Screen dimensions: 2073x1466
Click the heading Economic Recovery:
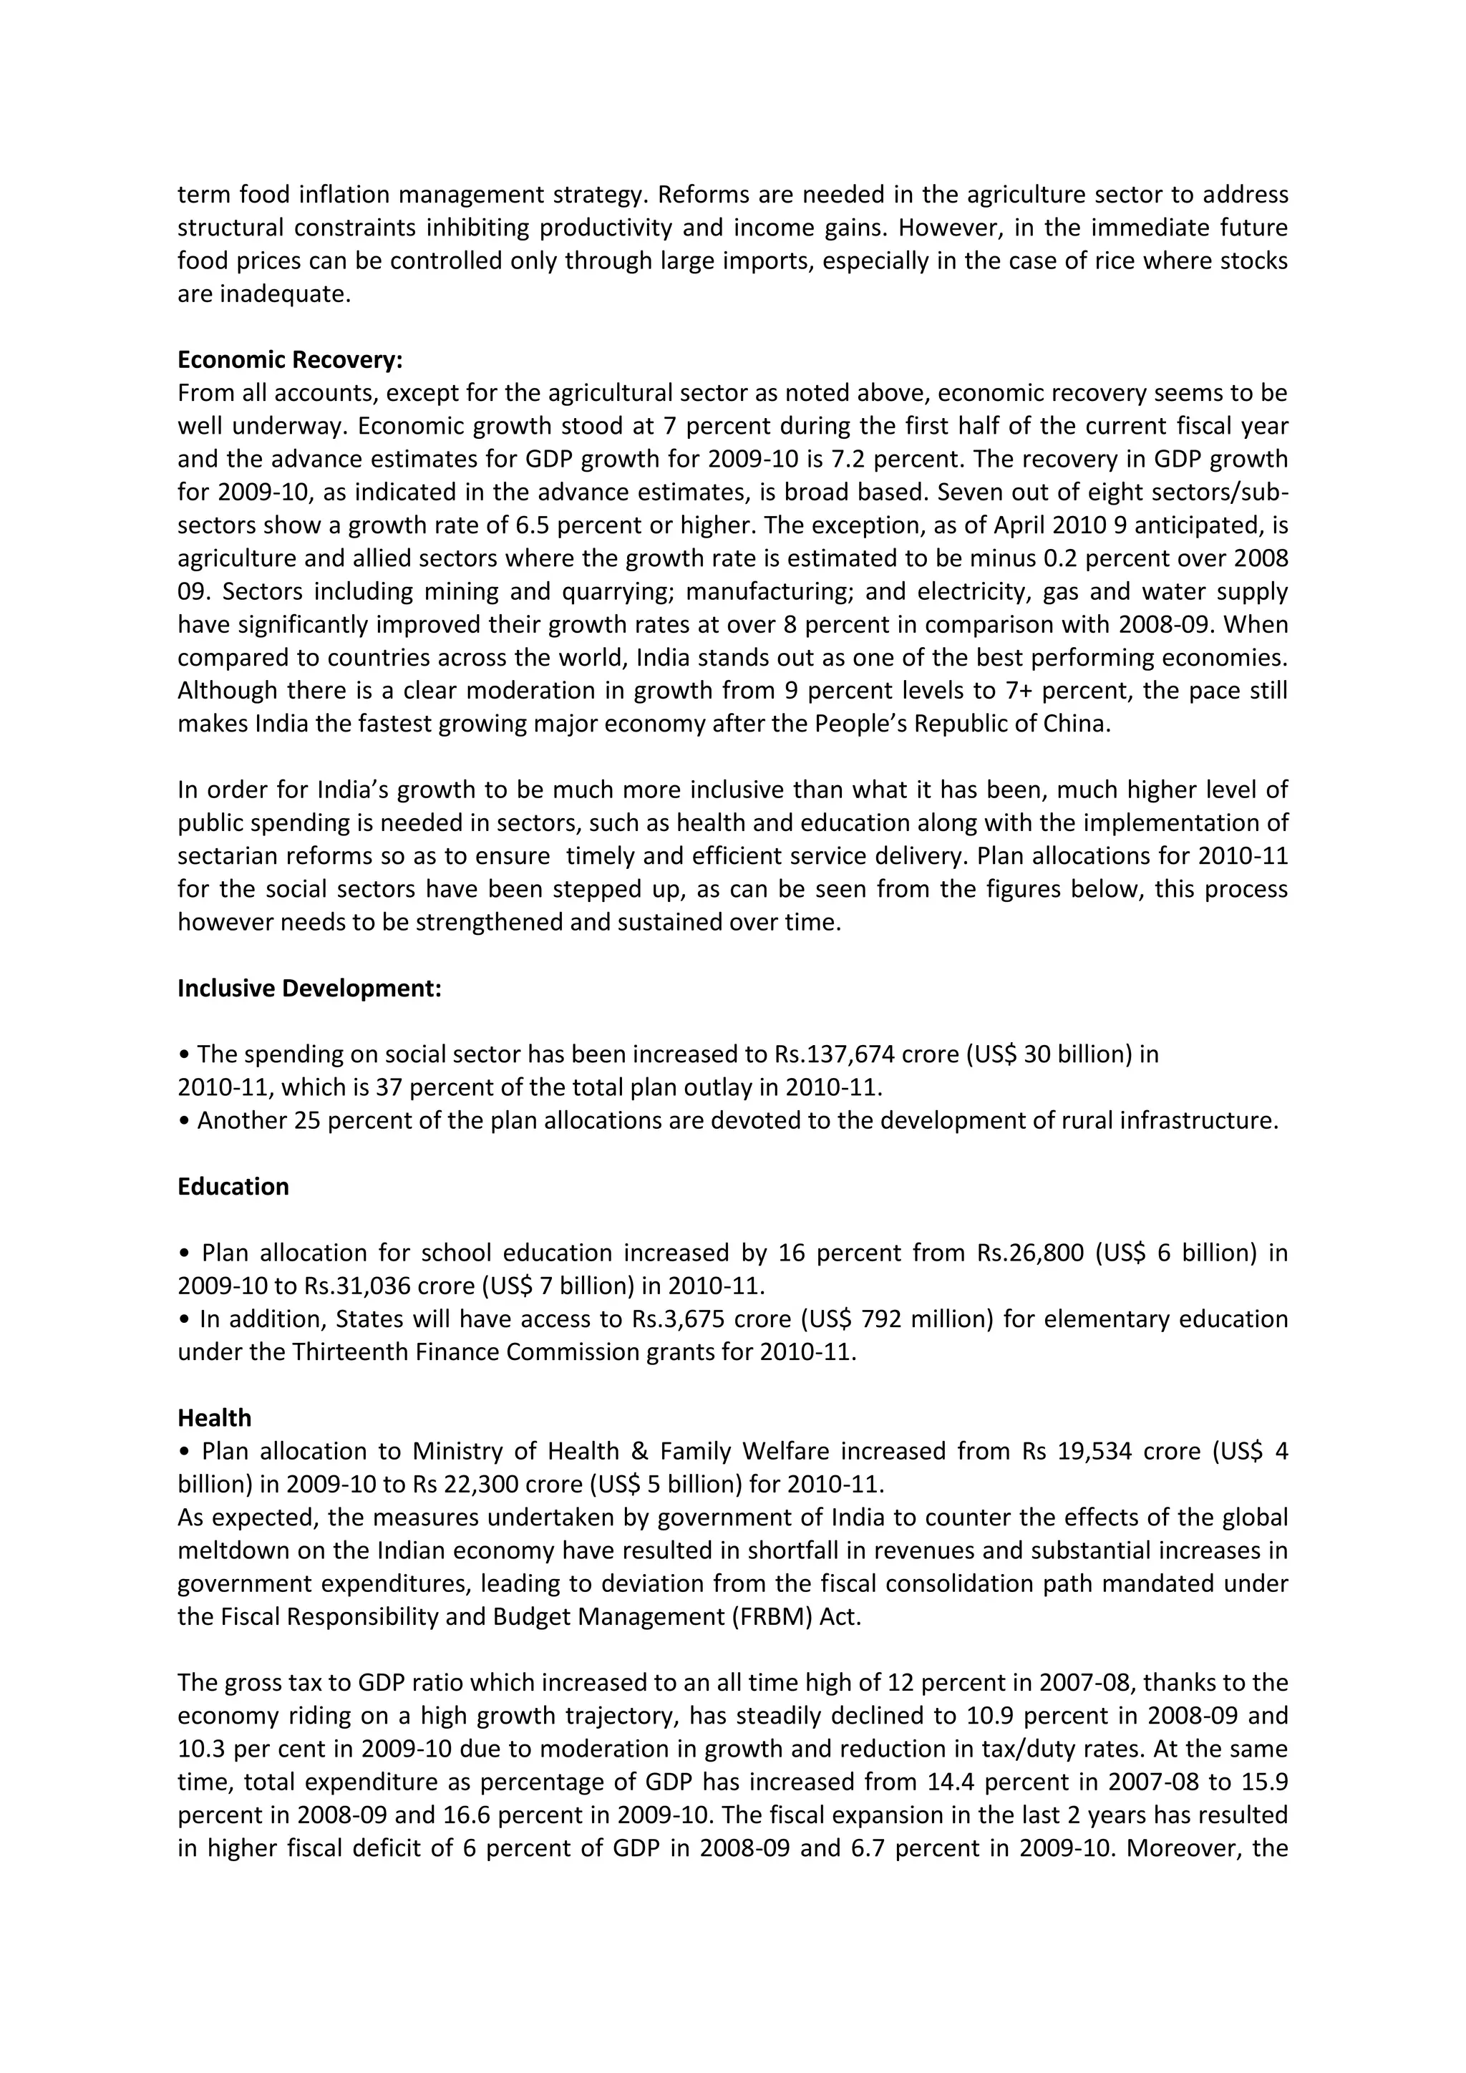290,360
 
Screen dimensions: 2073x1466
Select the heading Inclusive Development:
309,989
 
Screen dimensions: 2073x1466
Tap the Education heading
233,1186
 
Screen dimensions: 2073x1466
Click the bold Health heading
214,1417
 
